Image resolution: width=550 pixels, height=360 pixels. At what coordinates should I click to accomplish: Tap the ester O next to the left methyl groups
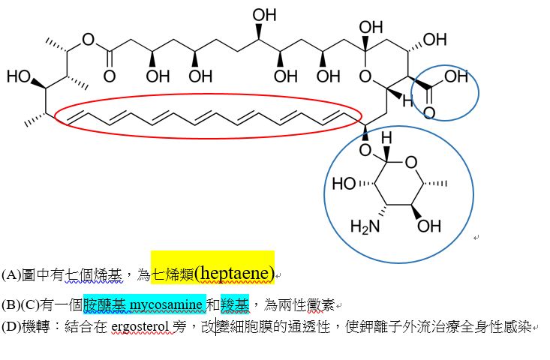[89, 39]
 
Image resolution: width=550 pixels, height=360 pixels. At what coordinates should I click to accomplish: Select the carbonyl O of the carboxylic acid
[429, 113]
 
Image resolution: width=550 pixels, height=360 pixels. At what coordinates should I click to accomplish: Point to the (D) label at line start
[11, 327]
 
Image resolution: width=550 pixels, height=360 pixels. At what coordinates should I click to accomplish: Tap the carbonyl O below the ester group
[110, 76]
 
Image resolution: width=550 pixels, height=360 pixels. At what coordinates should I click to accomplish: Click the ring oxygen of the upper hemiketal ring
[365, 75]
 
